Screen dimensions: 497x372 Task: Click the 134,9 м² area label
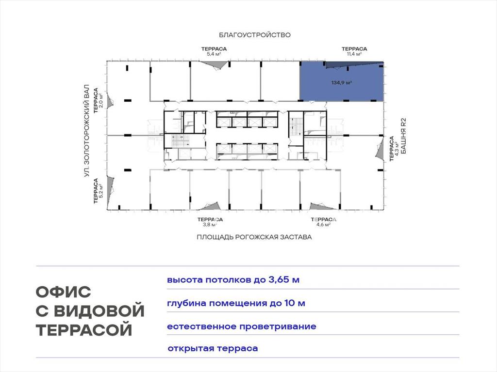342,83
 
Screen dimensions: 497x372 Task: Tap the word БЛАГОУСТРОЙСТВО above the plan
255,35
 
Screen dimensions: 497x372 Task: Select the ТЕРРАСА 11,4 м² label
354,51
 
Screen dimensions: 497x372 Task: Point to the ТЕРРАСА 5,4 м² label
214,51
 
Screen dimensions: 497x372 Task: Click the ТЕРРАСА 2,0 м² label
98,101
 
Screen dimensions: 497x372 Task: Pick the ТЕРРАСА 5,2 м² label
98,191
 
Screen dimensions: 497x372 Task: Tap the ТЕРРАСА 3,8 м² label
210,222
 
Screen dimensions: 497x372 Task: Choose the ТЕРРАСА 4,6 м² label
323,222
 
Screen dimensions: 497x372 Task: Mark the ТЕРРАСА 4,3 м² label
394,149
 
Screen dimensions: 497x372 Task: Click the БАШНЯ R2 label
403,136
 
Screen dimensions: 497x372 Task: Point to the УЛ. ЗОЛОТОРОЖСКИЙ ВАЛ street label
87,131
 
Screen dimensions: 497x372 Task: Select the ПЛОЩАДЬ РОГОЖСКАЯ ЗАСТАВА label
254,237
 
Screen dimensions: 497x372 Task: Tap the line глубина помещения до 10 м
236,303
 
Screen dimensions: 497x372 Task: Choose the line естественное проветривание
242,326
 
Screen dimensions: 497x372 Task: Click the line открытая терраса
213,349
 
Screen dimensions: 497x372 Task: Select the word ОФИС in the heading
64,292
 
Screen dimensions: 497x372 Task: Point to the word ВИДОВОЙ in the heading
99,310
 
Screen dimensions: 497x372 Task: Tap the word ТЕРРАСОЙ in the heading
84,329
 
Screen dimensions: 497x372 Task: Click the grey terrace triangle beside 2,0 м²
110,101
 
